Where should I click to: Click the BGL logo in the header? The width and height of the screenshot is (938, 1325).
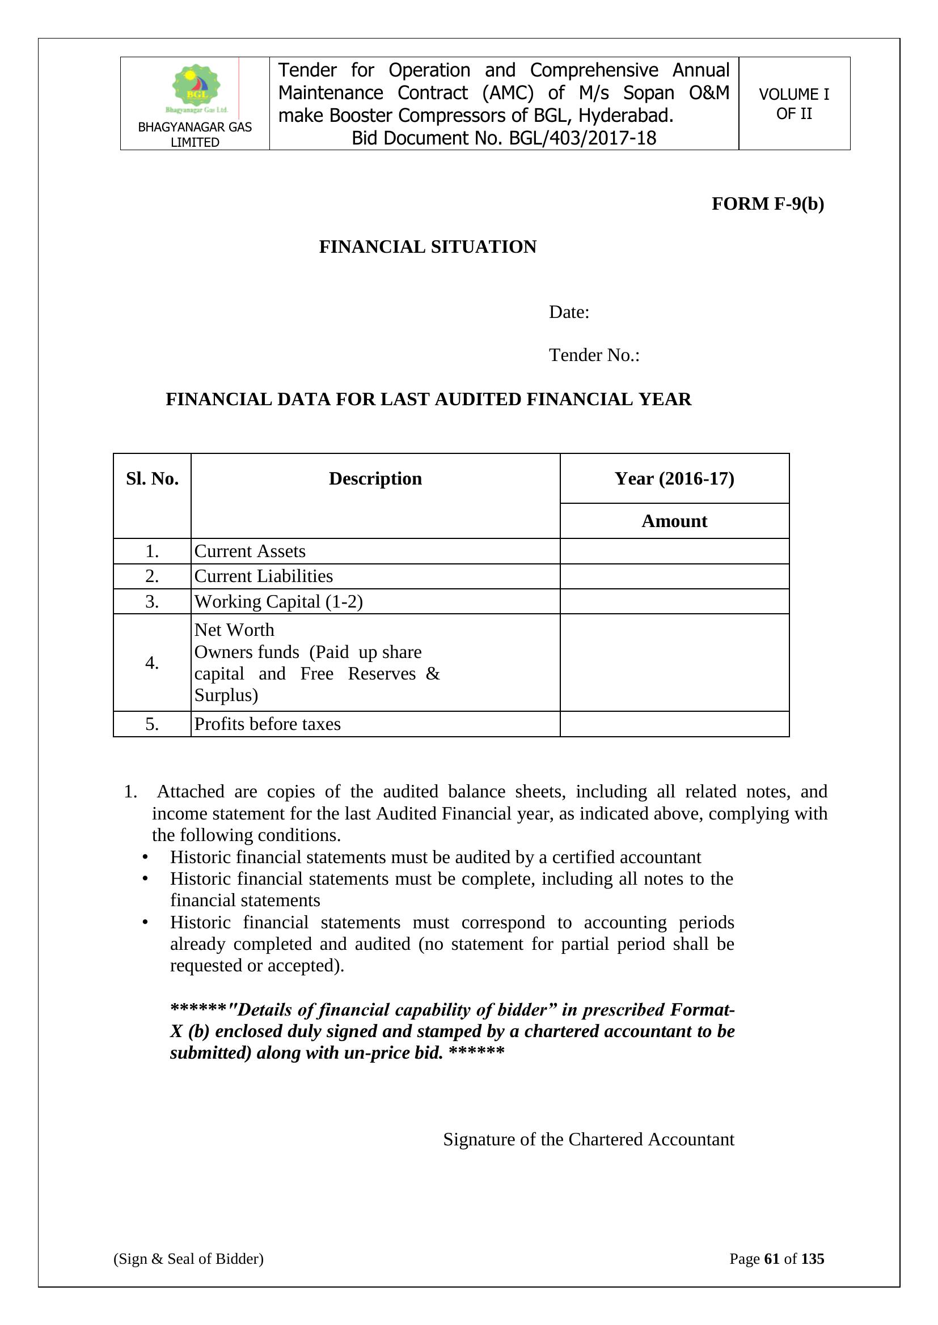pos(196,88)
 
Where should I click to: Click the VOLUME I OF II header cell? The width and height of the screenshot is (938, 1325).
pos(793,104)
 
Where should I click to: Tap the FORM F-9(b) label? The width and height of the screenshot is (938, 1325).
pos(767,203)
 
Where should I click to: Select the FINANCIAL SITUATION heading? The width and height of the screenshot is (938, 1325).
pos(428,247)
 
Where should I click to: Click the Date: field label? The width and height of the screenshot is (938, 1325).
pos(569,312)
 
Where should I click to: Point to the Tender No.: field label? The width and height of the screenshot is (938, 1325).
pos(594,355)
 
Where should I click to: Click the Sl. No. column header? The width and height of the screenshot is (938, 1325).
pos(152,478)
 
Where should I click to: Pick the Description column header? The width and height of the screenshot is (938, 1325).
pos(375,478)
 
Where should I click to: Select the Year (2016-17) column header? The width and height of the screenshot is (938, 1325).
pos(674,478)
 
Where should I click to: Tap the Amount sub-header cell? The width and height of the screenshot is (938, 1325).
pos(674,521)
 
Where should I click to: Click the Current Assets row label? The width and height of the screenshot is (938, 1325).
pos(250,551)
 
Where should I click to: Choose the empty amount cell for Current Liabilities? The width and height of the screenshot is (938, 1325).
pos(674,576)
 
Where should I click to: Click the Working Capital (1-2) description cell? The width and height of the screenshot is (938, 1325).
pos(278,601)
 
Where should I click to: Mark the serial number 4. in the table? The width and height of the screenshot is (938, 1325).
pos(152,663)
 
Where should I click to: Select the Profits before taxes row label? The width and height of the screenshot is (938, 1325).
pos(267,724)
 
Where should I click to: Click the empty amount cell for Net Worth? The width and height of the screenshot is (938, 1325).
pos(674,663)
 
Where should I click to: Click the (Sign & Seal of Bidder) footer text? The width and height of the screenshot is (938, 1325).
pos(188,1259)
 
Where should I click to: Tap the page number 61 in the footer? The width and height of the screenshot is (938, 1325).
pos(772,1259)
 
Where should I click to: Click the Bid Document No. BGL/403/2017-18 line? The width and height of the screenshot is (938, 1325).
pos(504,138)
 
